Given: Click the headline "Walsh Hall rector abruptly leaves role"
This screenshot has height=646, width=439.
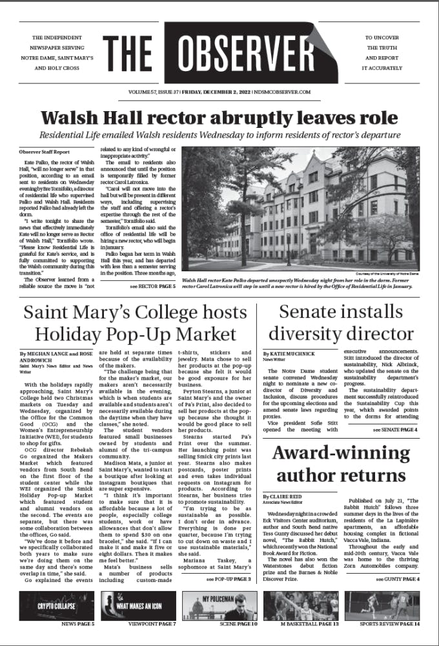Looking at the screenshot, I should point(219,118).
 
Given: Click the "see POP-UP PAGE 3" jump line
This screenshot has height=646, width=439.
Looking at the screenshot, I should point(229,578).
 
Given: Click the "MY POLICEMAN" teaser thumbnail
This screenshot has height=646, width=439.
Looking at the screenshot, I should point(219,606).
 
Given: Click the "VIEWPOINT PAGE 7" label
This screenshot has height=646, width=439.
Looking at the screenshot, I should point(152,625).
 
